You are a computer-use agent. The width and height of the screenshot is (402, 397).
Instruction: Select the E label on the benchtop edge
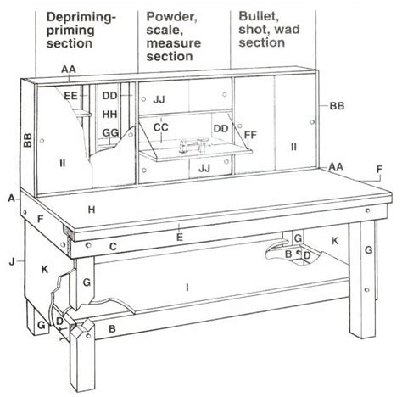point(179,238)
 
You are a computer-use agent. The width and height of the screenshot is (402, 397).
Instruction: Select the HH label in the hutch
point(109,113)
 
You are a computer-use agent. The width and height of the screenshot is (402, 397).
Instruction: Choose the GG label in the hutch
point(109,133)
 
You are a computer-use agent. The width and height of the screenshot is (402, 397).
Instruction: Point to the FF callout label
point(249,134)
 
